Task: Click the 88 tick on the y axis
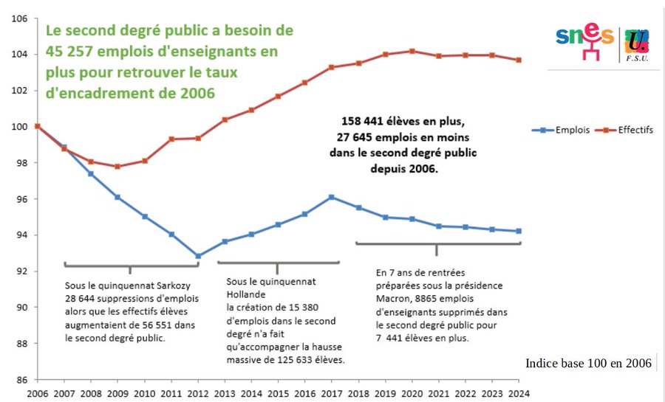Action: (21, 344)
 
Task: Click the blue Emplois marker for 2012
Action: (198, 256)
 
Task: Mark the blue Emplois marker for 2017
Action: (331, 197)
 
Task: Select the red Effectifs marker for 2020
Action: (412, 51)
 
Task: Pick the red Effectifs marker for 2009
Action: (117, 167)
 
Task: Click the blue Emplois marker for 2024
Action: (519, 231)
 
